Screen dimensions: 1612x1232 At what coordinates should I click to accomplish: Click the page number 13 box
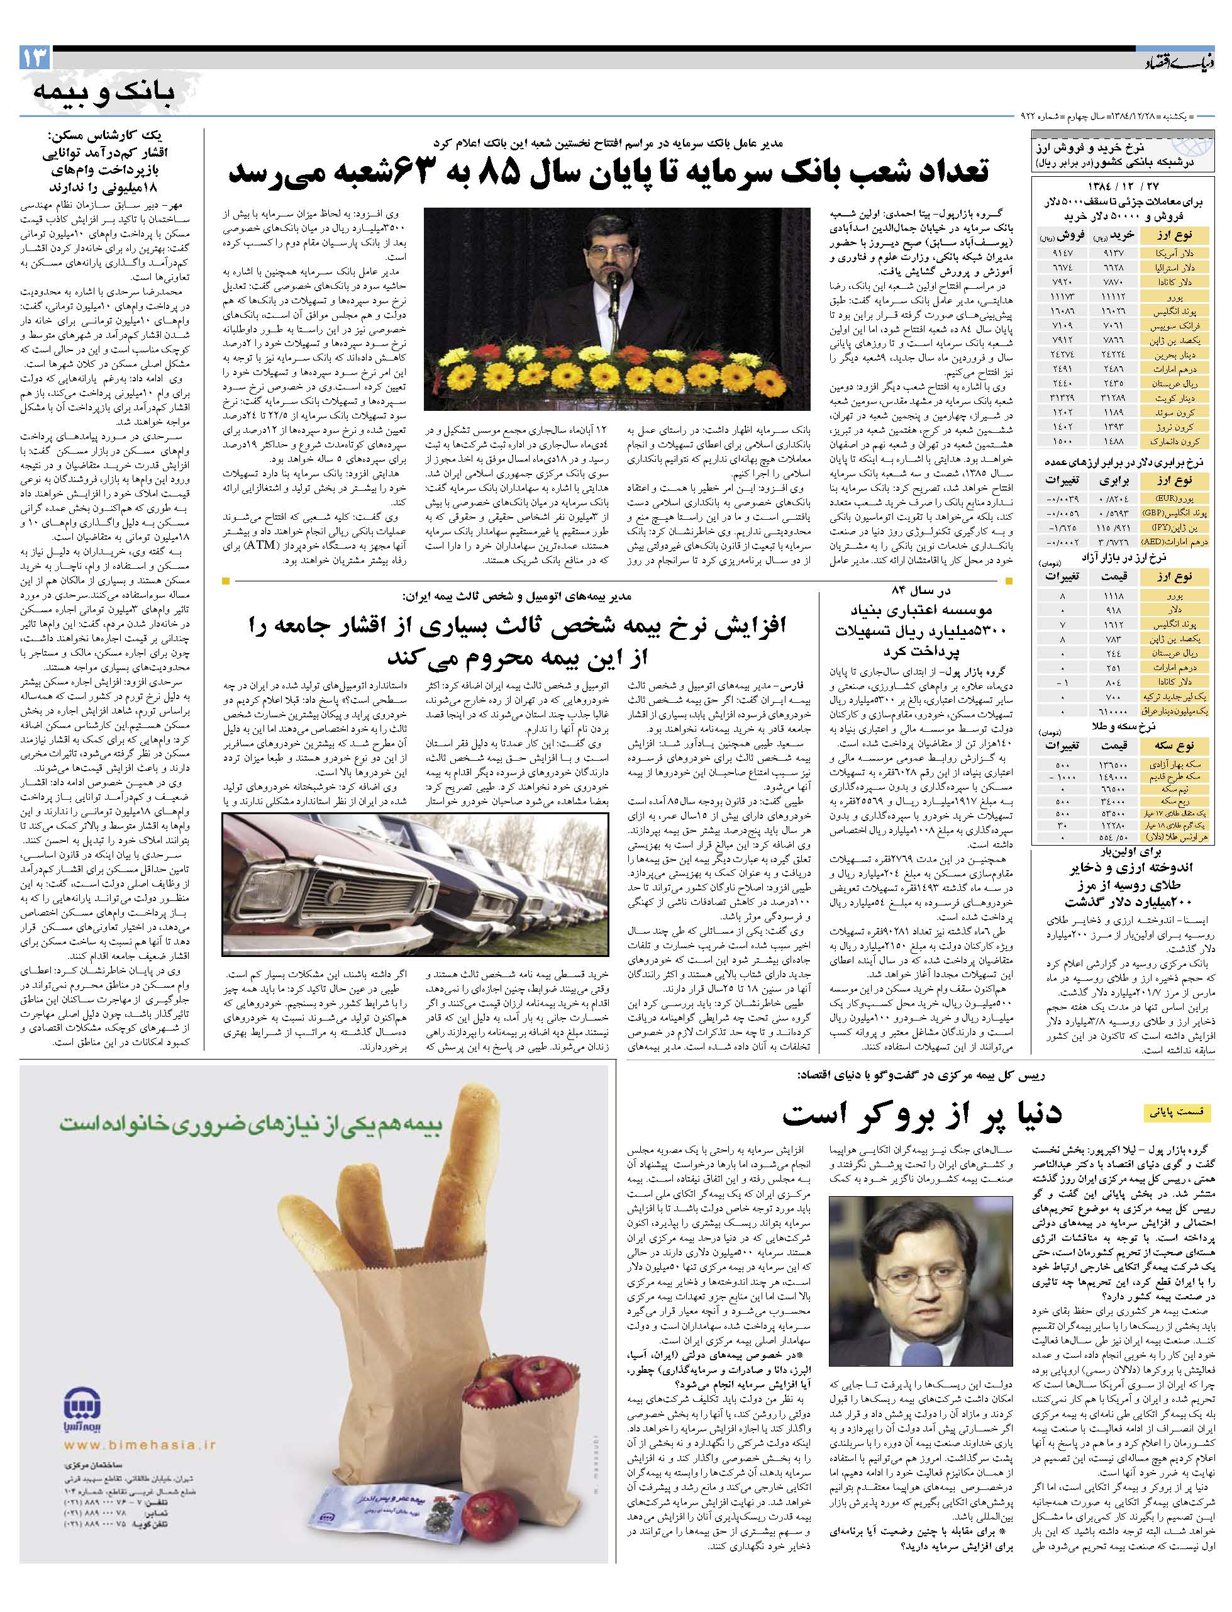[35, 58]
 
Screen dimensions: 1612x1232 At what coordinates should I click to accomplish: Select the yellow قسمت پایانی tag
[1178, 1112]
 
